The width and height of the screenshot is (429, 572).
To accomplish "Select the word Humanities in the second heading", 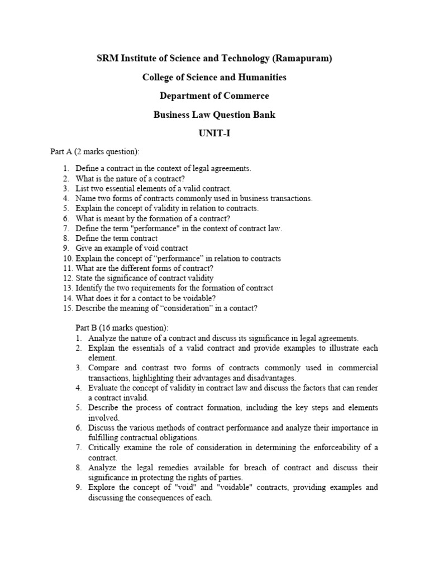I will [258, 77].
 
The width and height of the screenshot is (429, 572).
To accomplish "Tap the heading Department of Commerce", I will [214, 96].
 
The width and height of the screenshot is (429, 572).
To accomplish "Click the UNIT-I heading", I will [214, 134].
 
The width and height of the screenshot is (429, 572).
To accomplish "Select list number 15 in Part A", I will [68, 308].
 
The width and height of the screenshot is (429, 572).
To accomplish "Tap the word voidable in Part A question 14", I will [196, 298].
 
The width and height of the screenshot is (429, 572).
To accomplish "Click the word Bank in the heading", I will [264, 115].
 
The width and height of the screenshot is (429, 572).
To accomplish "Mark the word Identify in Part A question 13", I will [89, 288].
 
